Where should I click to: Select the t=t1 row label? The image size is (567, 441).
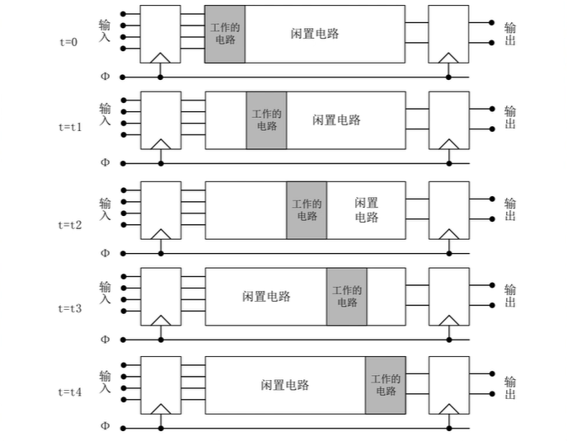[70, 128]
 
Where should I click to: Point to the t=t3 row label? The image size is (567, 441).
[70, 308]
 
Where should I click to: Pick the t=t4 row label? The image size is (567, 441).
[70, 392]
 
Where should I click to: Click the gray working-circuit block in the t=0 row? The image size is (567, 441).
[225, 34]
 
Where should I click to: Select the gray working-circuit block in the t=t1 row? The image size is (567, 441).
[266, 120]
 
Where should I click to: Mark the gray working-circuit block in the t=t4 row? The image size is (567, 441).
[386, 385]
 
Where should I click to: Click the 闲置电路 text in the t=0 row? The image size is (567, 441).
[316, 34]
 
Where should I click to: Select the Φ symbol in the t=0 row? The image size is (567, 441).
[105, 77]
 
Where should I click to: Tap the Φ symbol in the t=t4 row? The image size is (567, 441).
[105, 427]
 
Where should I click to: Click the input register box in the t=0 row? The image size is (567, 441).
[161, 34]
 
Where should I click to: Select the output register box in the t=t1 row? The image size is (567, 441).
[449, 120]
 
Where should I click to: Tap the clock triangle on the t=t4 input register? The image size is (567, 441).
[161, 408]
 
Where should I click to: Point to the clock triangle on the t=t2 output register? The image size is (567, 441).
[449, 233]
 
